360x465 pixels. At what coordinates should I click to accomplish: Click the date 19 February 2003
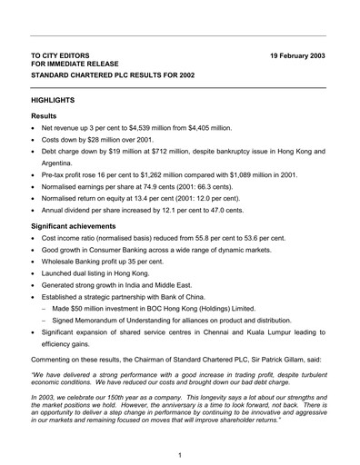(x=296, y=56)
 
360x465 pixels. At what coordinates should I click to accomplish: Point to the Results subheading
(x=46, y=117)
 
